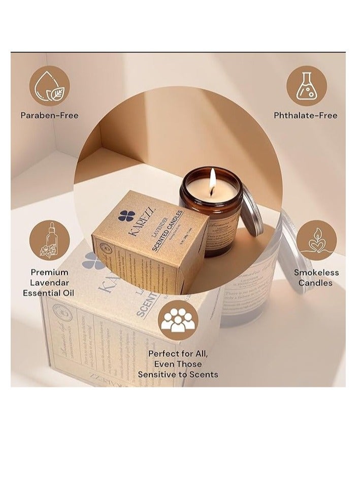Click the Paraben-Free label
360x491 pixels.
[x=49, y=115]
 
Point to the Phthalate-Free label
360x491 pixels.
[x=306, y=115]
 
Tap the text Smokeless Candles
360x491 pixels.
[x=316, y=277]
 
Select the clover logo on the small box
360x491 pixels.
[x=126, y=216]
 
